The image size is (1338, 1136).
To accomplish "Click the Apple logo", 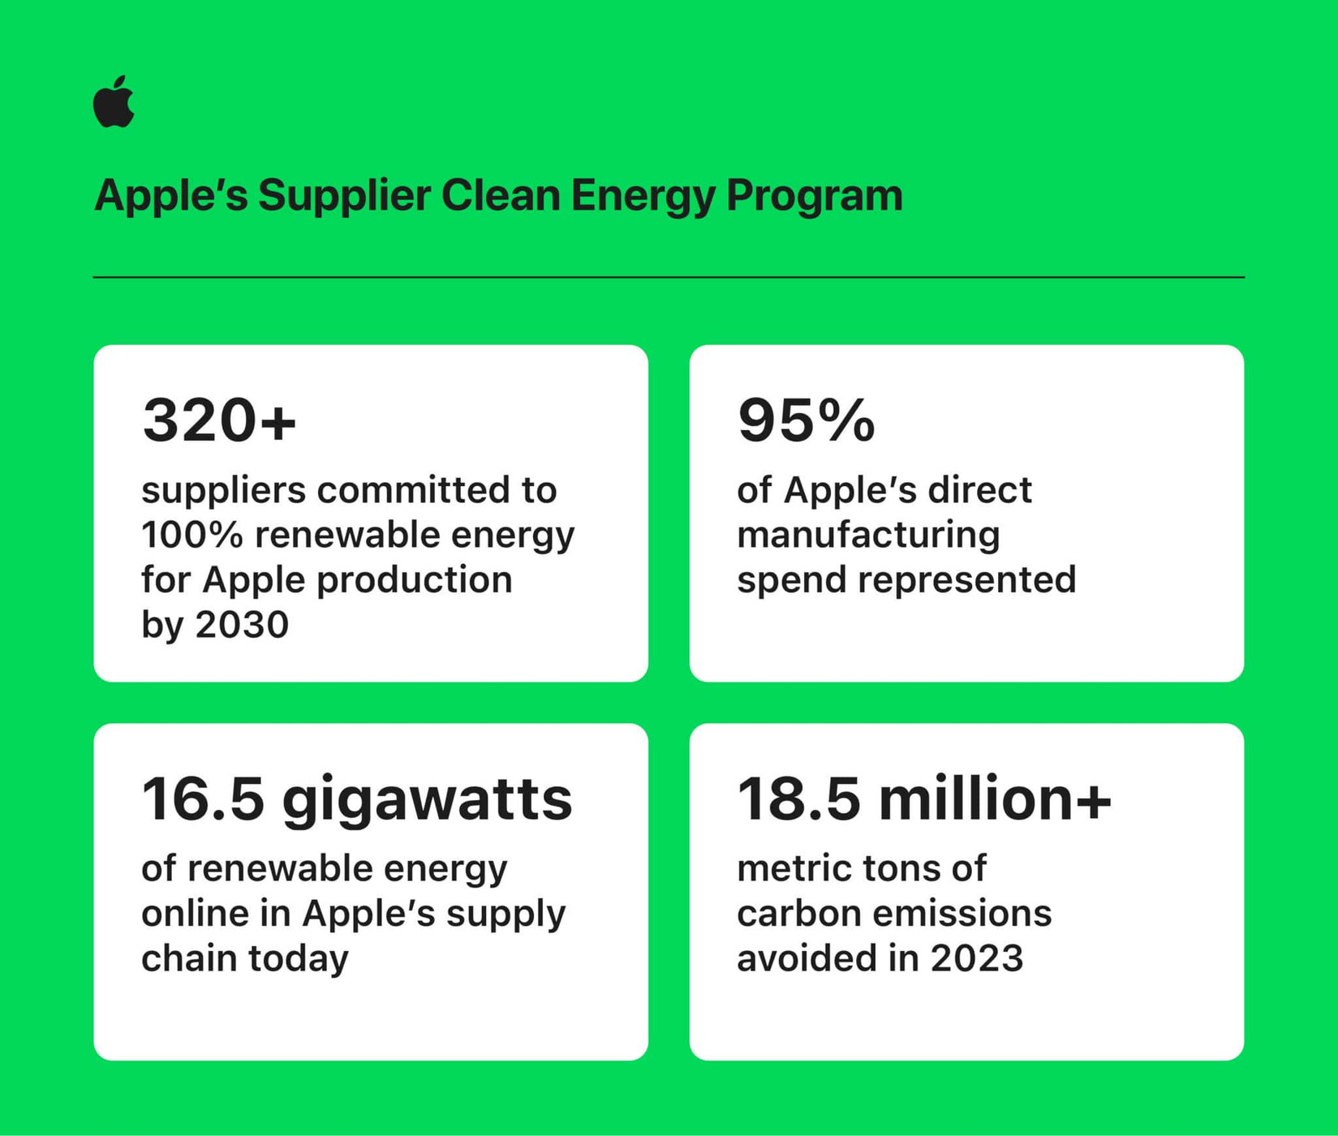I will pos(114,102).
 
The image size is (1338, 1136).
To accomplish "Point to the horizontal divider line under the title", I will pos(669,278).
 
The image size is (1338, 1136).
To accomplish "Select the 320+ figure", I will pos(219,421).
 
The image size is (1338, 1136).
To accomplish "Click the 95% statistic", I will pos(806,421).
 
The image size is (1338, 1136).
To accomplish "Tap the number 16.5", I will pos(203,799).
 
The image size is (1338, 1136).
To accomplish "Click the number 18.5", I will pos(798,799).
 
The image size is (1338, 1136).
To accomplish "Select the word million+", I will pos(995,799).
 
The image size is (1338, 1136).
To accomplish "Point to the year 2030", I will pos(242,625).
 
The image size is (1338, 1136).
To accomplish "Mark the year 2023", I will pos(976,958).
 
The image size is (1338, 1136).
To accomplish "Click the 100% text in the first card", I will pos(191,535).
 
